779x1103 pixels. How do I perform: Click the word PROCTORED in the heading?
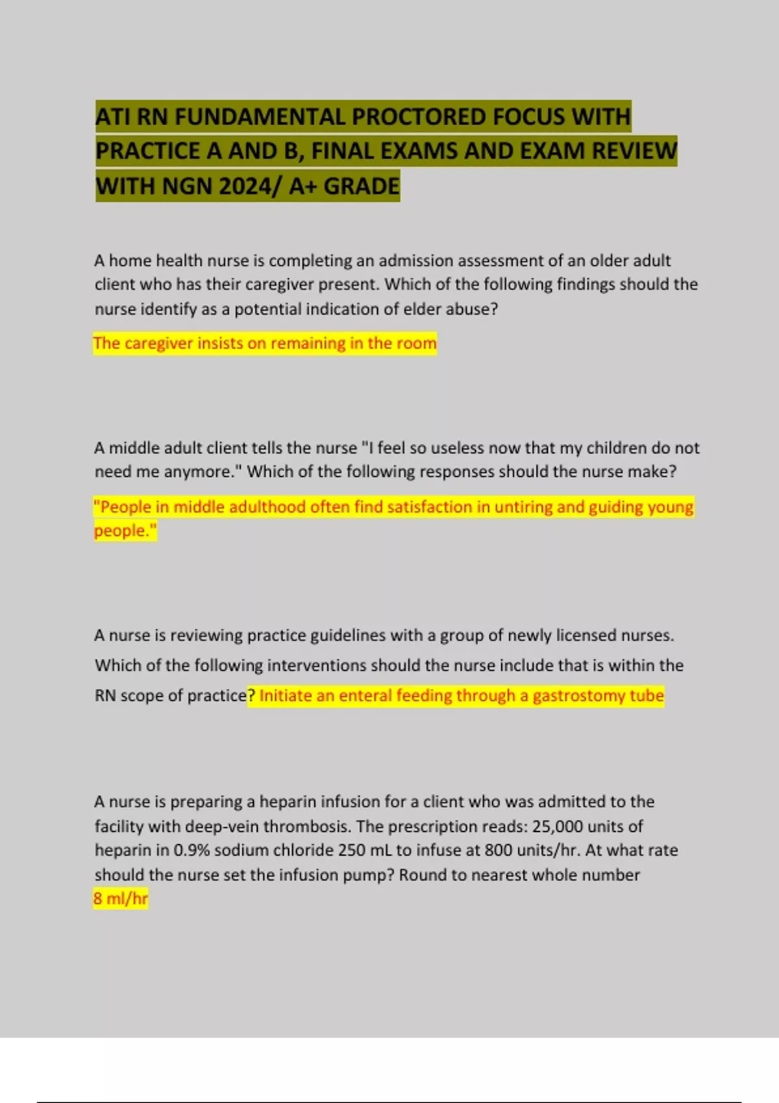coord(419,117)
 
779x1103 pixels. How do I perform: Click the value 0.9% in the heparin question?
coord(192,851)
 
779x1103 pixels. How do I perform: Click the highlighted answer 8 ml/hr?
coord(121,899)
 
